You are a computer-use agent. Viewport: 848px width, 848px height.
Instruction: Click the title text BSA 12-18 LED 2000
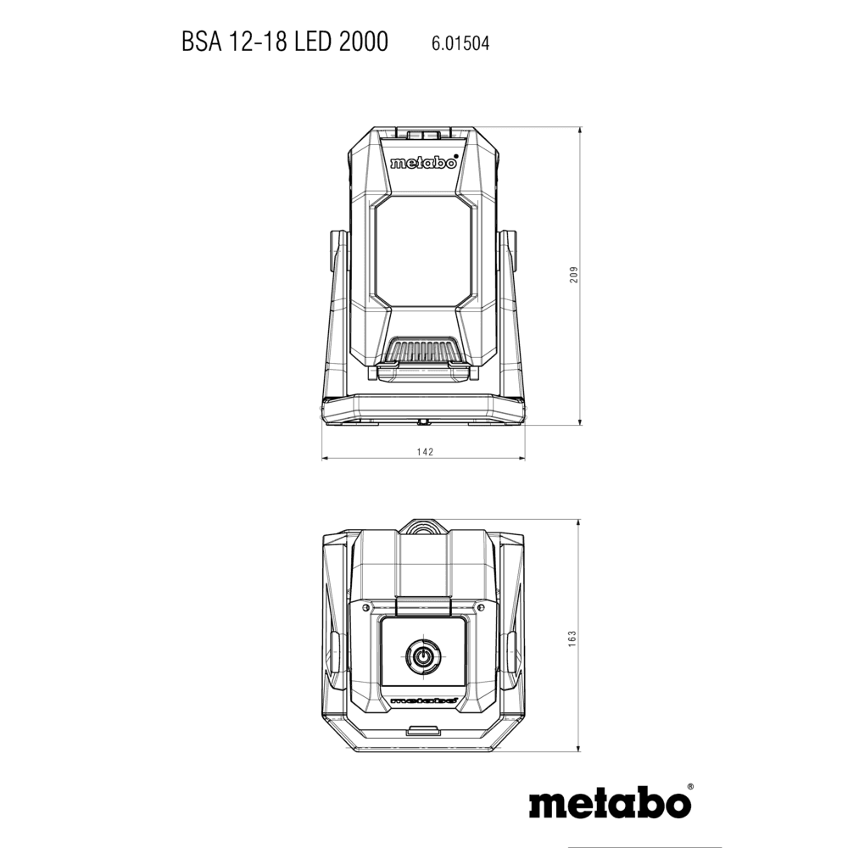coord(284,42)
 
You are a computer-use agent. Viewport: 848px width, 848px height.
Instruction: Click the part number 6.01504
coord(460,43)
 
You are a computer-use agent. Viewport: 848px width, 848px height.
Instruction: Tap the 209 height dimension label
coord(574,274)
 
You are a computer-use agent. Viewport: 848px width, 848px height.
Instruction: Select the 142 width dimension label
coord(425,452)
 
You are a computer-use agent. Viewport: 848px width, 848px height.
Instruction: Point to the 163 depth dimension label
coord(572,639)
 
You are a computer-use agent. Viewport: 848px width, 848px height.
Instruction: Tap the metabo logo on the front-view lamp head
coord(423,163)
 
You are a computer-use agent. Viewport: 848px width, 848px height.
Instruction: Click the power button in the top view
coord(423,657)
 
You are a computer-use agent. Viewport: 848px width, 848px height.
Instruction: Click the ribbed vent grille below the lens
coord(423,351)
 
